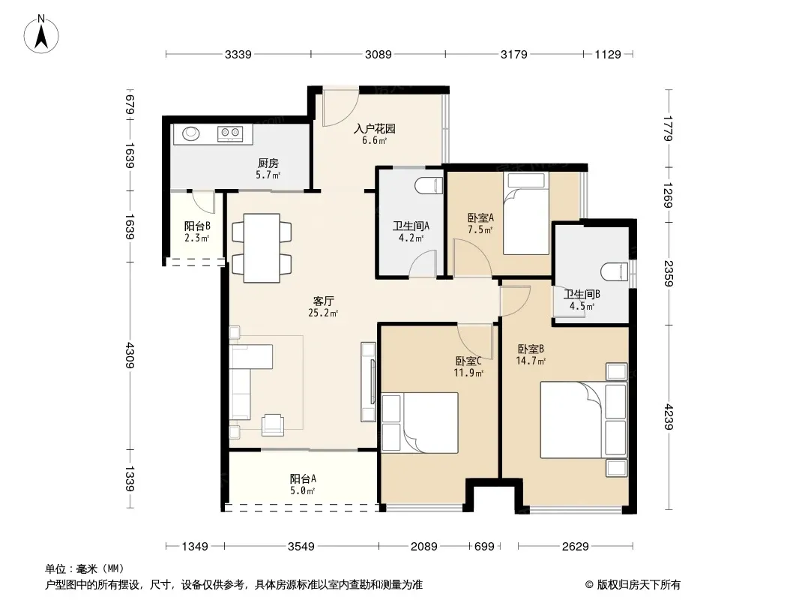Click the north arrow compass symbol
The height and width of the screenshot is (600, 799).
click(x=41, y=34)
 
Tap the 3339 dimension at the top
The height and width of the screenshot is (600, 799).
click(x=238, y=54)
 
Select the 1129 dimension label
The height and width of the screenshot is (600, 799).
click(x=608, y=54)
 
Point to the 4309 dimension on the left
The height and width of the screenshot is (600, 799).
click(x=130, y=355)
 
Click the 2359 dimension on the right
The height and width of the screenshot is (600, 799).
click(x=669, y=273)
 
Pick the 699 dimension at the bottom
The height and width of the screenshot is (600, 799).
click(x=484, y=547)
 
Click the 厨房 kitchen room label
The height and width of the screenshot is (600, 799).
click(x=268, y=163)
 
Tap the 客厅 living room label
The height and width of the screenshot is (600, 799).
click(x=324, y=301)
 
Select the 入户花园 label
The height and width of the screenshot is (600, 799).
click(x=375, y=128)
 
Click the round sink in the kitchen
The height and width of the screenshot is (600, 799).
click(x=191, y=133)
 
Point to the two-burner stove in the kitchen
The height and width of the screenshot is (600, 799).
click(x=229, y=133)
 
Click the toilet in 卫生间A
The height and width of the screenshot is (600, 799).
click(x=429, y=185)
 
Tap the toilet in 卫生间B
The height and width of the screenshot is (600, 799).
click(x=615, y=271)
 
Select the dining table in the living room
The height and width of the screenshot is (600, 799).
click(x=262, y=247)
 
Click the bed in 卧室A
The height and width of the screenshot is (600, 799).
click(x=526, y=213)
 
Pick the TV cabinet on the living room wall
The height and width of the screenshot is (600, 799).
click(x=369, y=382)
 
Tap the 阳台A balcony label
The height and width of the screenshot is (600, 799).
click(x=303, y=478)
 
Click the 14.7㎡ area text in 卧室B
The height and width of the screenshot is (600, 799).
click(x=531, y=361)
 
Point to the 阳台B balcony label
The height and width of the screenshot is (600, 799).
click(x=197, y=226)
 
